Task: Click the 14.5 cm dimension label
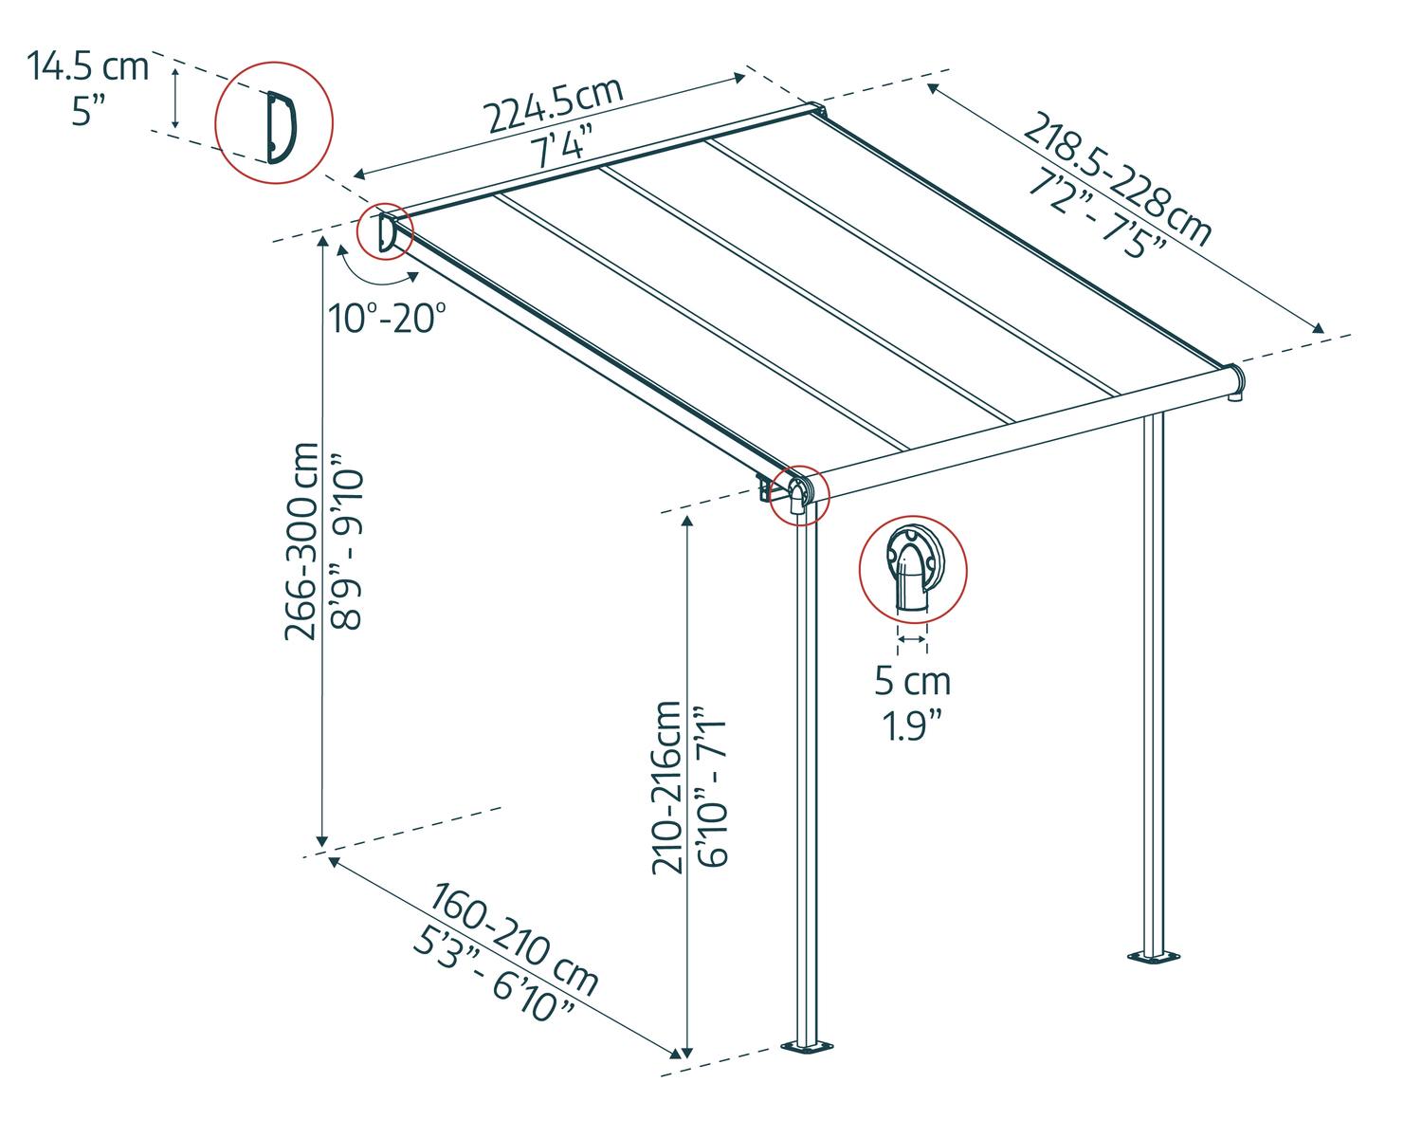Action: tap(87, 67)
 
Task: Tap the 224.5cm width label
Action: tap(555, 104)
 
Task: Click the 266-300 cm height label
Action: tap(303, 541)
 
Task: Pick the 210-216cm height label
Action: tap(666, 787)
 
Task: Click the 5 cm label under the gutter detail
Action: tap(912, 680)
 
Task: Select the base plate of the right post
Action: tap(1154, 957)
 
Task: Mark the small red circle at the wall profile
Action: tap(385, 231)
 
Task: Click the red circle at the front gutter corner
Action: tap(798, 494)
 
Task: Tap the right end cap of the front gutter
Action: tap(1236, 381)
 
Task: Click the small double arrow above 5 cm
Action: tap(912, 640)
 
